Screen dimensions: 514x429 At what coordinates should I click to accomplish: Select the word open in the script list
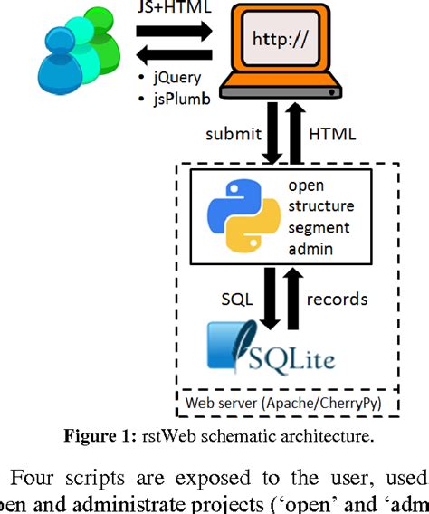[305, 186]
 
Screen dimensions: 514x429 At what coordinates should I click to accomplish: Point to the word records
[338, 298]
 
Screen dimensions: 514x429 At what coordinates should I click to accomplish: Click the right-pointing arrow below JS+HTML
[174, 31]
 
